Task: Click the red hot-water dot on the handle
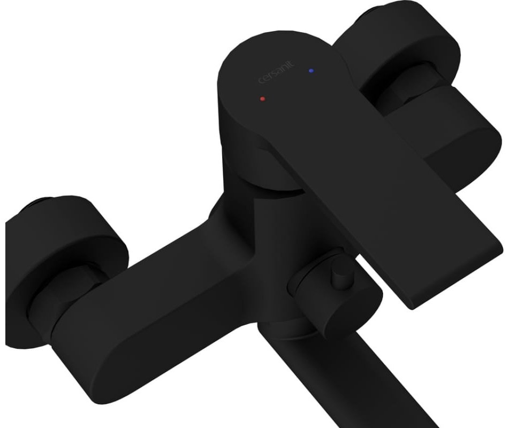tap(262, 98)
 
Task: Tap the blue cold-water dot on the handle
tap(312, 70)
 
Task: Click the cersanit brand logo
tap(276, 72)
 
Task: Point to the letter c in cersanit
tap(261, 81)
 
